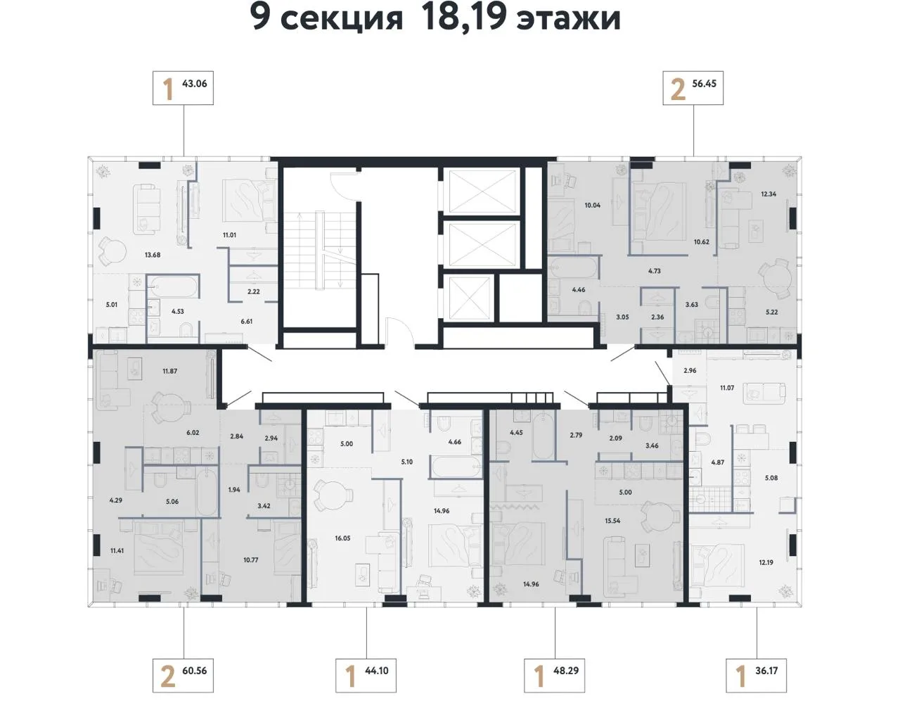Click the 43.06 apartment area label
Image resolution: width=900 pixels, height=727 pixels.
pyautogui.click(x=194, y=84)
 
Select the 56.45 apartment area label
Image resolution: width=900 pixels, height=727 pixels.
pyautogui.click(x=704, y=84)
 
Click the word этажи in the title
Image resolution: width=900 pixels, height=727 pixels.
pyautogui.click(x=569, y=19)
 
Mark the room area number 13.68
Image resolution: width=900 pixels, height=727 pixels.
pyautogui.click(x=152, y=255)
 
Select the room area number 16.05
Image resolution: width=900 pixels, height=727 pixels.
pyautogui.click(x=342, y=538)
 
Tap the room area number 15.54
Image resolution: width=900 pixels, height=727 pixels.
pyautogui.click(x=612, y=521)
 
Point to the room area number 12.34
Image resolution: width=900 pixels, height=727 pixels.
pyautogui.click(x=769, y=194)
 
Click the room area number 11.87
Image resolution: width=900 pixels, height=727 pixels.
pyautogui.click(x=169, y=372)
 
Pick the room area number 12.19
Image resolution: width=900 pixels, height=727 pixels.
pyautogui.click(x=766, y=563)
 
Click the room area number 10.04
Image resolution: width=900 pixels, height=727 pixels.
pyautogui.click(x=592, y=206)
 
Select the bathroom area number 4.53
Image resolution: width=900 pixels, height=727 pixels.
pyautogui.click(x=177, y=311)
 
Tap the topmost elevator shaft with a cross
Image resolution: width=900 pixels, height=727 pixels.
pyautogui.click(x=482, y=191)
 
